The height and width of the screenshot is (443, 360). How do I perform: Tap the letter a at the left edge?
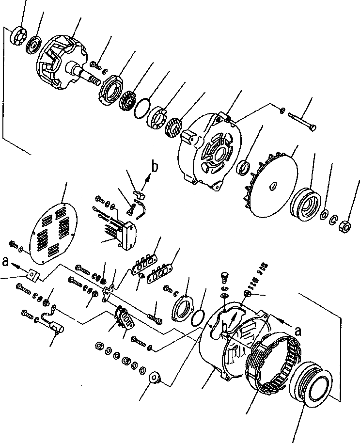point(5,262)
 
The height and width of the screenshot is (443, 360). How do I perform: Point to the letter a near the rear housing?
point(298,331)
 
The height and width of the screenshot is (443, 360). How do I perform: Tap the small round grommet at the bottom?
point(156,377)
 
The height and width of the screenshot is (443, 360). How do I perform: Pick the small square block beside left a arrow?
point(32,274)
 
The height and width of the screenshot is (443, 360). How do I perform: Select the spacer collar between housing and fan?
point(244,168)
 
